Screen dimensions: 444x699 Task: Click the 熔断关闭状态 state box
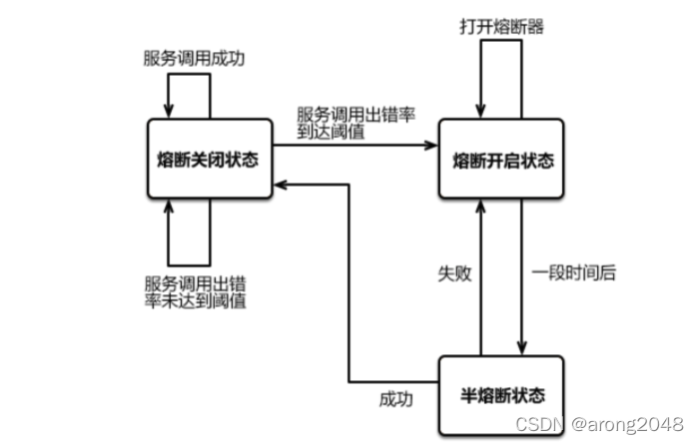pyautogui.click(x=209, y=160)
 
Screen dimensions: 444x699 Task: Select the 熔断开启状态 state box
pyautogui.click(x=502, y=160)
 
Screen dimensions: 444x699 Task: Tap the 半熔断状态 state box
pyautogui.click(x=502, y=394)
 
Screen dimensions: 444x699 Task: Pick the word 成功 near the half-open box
pyautogui.click(x=394, y=398)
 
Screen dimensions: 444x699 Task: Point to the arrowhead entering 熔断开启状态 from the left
pyautogui.click(x=432, y=146)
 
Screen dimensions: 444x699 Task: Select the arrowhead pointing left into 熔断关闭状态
pyautogui.click(x=284, y=184)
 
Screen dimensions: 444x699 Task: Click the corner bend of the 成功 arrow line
pyautogui.click(x=349, y=381)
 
